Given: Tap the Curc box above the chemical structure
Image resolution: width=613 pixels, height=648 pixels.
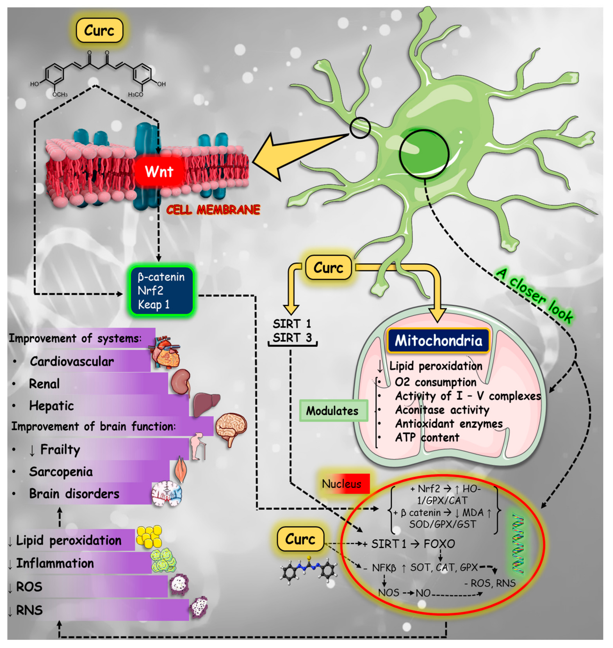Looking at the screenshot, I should coord(99,31).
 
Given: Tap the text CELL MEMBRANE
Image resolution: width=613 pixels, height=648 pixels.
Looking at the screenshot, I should coord(213,209).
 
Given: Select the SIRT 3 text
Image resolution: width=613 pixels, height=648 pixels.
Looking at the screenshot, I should coord(292,337).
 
